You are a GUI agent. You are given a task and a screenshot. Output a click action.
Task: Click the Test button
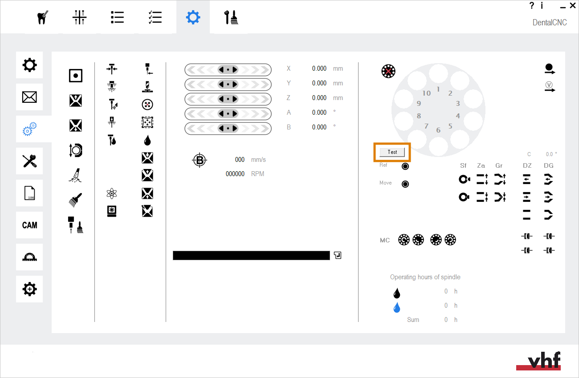coord(392,152)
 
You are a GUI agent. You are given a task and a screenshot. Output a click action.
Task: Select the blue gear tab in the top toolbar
coord(193,17)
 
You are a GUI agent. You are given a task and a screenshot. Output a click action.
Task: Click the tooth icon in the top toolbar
coord(42,17)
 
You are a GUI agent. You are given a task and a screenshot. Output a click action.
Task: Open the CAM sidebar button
coord(29,225)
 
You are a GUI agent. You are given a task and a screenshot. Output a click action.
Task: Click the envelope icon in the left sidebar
coord(29,97)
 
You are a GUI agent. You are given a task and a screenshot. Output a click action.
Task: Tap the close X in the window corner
coord(572,6)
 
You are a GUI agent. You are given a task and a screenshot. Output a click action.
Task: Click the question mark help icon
coord(531,5)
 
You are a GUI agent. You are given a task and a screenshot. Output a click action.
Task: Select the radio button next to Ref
coord(405,166)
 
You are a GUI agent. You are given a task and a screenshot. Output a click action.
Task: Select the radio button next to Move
coord(405,184)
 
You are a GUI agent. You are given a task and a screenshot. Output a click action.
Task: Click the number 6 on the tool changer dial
coord(438,130)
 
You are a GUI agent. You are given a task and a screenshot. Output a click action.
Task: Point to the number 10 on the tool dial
coord(427,93)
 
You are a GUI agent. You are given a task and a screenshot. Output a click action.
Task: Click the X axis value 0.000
coord(319,68)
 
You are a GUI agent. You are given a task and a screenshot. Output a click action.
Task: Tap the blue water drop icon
coord(396,307)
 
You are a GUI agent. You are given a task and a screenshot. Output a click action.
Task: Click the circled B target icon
coord(199,160)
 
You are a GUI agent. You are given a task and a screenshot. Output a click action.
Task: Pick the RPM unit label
coord(257,174)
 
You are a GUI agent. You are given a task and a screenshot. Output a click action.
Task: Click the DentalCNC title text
coord(550,22)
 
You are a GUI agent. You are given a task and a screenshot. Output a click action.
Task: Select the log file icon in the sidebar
coord(29,193)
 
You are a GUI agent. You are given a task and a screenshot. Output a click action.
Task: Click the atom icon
coord(112,193)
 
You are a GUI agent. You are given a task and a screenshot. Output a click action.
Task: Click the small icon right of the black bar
coord(338,255)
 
